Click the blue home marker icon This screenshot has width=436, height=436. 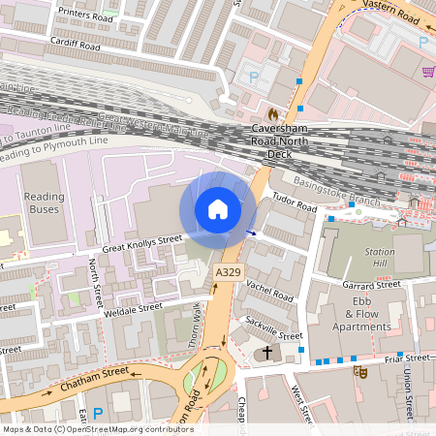click(x=218, y=208)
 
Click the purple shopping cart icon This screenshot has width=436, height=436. click(x=428, y=72)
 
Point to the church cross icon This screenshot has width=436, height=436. click(x=266, y=355)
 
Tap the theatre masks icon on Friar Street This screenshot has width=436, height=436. click(x=359, y=370)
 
